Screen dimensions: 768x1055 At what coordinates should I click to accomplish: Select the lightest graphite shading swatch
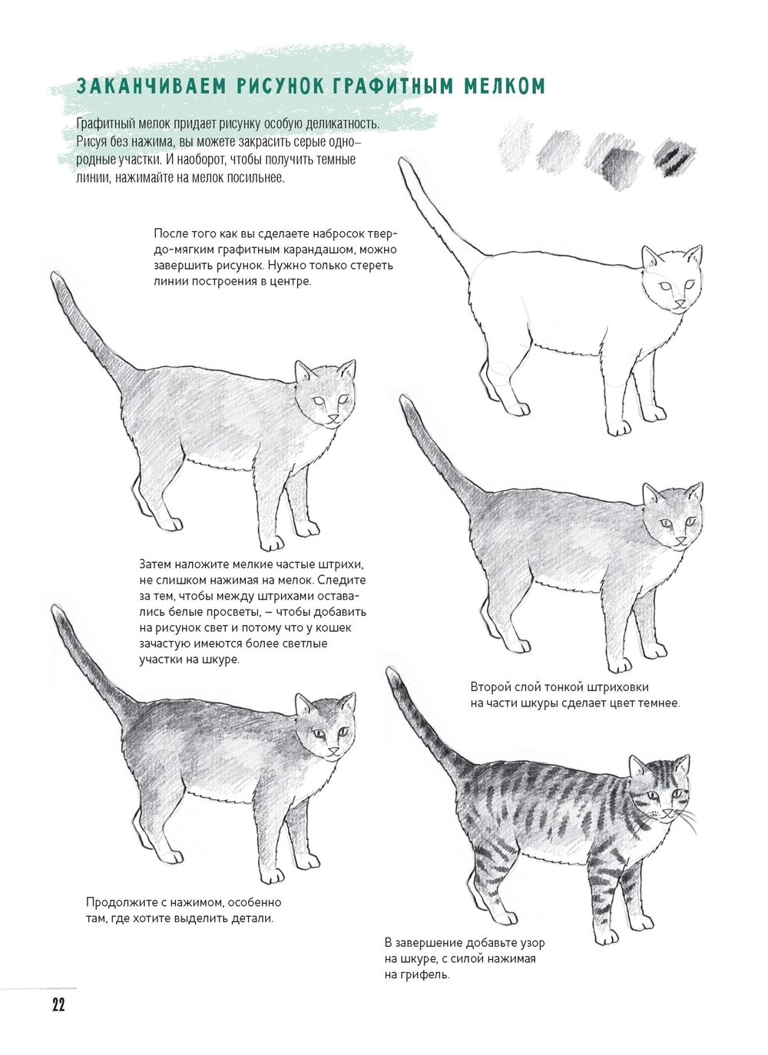tap(515, 143)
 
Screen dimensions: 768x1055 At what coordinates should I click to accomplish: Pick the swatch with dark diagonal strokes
tap(674, 157)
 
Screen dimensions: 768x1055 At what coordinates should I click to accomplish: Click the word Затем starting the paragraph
tap(155, 564)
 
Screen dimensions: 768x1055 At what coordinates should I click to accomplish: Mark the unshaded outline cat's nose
tap(680, 303)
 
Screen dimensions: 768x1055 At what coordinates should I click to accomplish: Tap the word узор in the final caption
tap(532, 944)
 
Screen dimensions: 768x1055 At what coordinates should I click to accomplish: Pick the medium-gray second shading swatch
tap(558, 151)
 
